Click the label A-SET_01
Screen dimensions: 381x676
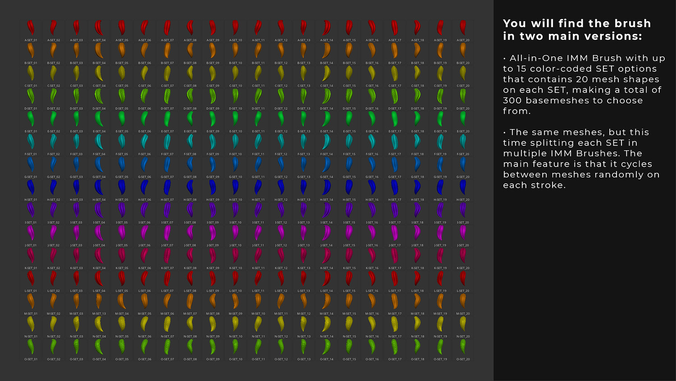[x=31, y=40]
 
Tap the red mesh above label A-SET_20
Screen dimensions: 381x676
[x=463, y=28]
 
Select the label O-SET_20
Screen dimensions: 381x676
[x=463, y=359]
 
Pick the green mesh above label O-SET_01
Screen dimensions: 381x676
[x=31, y=346]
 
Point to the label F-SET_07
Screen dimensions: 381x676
[x=167, y=154]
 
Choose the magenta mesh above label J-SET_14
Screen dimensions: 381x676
[x=326, y=232]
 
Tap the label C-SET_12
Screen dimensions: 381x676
[x=281, y=86]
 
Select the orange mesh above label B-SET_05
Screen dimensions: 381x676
[x=122, y=50]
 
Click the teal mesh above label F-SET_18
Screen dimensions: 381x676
[x=417, y=141]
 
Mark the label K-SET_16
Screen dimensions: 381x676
[x=372, y=268]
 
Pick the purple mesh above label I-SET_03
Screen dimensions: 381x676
[x=76, y=209]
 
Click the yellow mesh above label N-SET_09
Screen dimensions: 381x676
[x=213, y=324]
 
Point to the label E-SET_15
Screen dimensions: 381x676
[x=349, y=131]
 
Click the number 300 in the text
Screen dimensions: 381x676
[x=512, y=101]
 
